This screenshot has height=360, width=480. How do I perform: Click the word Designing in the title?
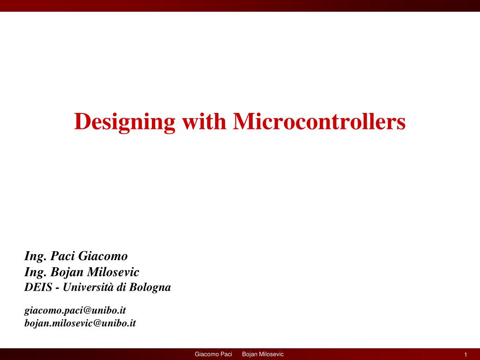pyautogui.click(x=124, y=122)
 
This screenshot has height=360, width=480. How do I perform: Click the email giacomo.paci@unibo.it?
pyautogui.click(x=75, y=310)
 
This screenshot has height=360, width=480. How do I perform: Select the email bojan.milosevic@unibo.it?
pyautogui.click(x=80, y=323)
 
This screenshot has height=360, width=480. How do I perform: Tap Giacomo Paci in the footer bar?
pyautogui.click(x=213, y=354)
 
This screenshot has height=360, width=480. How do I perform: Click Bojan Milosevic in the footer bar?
pyautogui.click(x=262, y=354)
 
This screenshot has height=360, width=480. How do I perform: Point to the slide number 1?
pyautogui.click(x=466, y=354)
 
